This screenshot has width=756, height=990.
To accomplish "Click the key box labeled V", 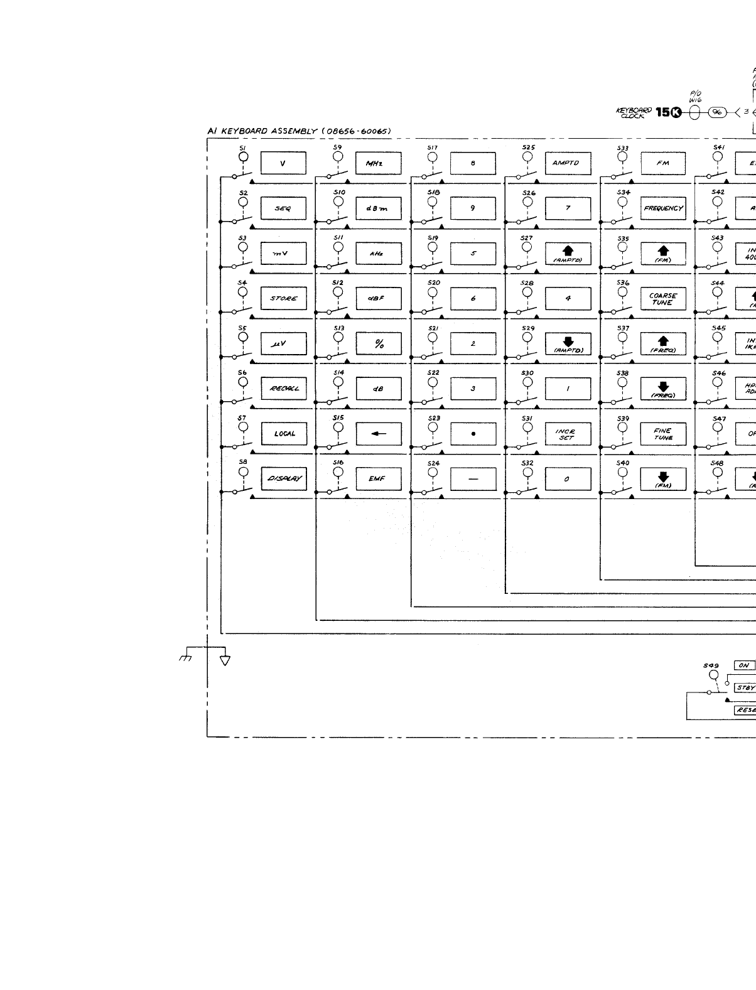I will tap(283, 163).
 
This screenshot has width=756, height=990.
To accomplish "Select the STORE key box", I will tap(283, 298).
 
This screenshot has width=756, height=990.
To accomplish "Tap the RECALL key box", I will tap(283, 389).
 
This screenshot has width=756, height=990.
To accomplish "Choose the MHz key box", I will tap(378, 163).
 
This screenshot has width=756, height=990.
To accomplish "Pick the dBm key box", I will tap(378, 208).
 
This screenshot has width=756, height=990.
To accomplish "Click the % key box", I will tap(378, 343).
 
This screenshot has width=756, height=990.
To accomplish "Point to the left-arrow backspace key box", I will tap(378, 434).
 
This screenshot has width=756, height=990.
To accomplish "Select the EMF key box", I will tap(378, 479).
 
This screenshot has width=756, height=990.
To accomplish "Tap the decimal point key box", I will tap(473, 434).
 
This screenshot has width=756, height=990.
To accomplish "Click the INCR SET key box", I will tap(568, 434).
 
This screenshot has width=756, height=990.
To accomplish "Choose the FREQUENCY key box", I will tap(663, 208).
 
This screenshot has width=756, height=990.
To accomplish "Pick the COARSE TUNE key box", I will tap(663, 298).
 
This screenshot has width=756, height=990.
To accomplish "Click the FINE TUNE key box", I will tap(663, 434).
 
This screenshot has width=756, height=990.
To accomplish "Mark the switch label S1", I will tap(243, 148).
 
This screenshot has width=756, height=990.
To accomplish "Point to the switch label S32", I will tap(527, 463).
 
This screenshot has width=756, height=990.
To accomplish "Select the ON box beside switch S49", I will tap(744, 665).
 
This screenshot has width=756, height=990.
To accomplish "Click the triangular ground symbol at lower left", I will tap(225, 660).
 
